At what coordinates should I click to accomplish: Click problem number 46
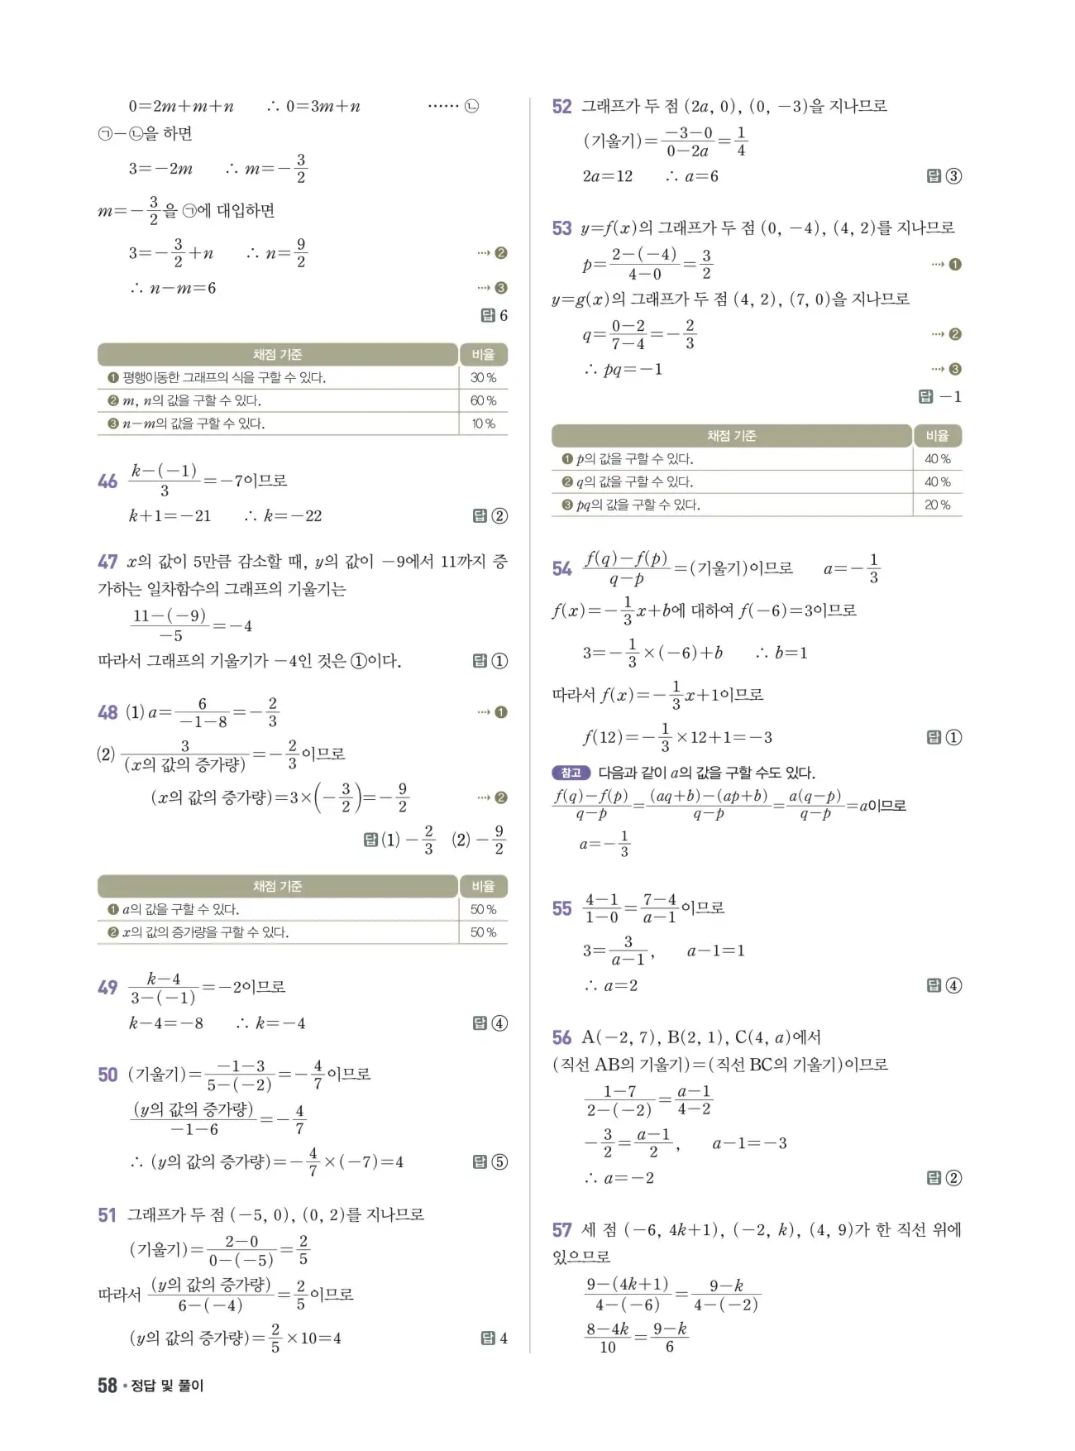pyautogui.click(x=107, y=481)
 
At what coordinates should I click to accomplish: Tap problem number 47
pyautogui.click(x=107, y=562)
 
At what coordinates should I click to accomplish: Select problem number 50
pyautogui.click(x=107, y=1075)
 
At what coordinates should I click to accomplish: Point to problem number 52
pyautogui.click(x=561, y=107)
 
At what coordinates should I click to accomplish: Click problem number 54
pyautogui.click(x=561, y=568)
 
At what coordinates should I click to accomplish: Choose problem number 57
pyautogui.click(x=561, y=1230)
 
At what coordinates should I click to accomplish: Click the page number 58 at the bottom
pyautogui.click(x=107, y=1385)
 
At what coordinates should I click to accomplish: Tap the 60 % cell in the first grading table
pyautogui.click(x=483, y=400)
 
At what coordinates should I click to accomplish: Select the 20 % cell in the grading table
pyautogui.click(x=937, y=505)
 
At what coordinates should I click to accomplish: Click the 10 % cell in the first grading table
pyautogui.click(x=483, y=424)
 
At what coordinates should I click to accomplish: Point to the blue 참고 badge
pyautogui.click(x=571, y=773)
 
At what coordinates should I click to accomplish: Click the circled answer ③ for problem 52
pyautogui.click(x=953, y=176)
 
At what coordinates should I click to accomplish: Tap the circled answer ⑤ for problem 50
pyautogui.click(x=499, y=1161)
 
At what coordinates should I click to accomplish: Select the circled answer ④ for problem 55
pyautogui.click(x=953, y=985)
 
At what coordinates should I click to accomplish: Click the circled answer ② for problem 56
pyautogui.click(x=953, y=1178)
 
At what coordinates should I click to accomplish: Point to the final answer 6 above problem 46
pyautogui.click(x=503, y=315)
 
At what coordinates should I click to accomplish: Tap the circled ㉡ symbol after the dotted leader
pyautogui.click(x=471, y=107)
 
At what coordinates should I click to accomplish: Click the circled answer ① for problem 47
pyautogui.click(x=499, y=661)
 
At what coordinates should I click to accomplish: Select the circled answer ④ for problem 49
pyautogui.click(x=499, y=1023)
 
